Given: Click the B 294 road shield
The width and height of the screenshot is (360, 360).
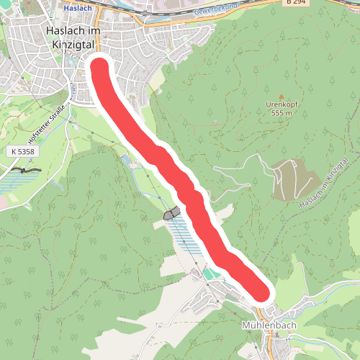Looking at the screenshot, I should (295, 2).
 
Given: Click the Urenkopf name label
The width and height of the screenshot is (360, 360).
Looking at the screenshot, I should (282, 104).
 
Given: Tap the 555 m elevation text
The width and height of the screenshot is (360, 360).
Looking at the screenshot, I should (282, 113).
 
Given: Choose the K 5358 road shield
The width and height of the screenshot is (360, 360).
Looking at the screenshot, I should (23, 152).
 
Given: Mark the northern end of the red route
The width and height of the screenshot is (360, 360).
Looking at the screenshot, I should (99, 68).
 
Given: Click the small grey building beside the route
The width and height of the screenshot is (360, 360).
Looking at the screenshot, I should (171, 213).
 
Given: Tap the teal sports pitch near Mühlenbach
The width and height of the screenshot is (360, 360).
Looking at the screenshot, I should (210, 274).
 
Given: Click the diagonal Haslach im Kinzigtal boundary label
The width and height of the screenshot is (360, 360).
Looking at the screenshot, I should (323, 186).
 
